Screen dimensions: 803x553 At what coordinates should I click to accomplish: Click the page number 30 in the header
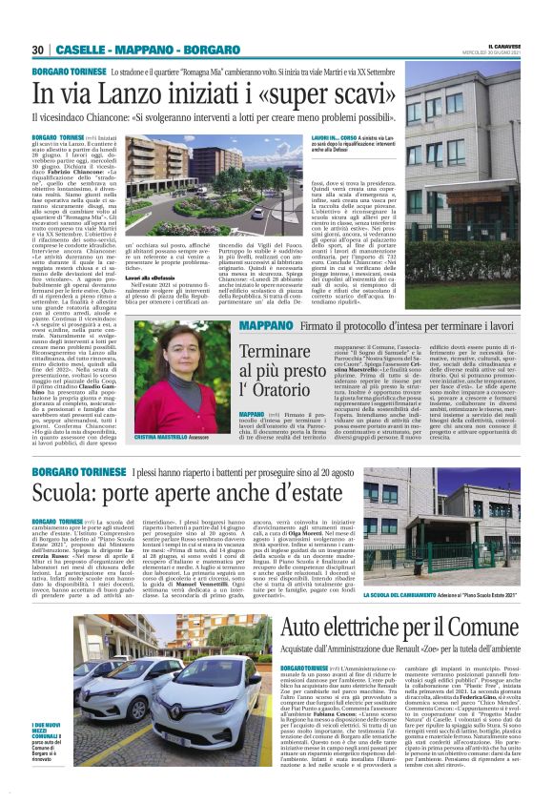38,50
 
